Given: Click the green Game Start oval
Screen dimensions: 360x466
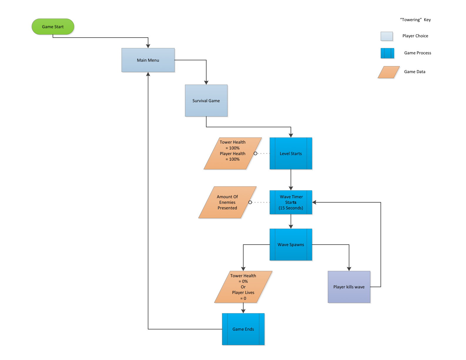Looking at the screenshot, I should coord(53,27).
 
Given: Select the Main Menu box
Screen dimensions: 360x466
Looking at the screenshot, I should coord(148,60).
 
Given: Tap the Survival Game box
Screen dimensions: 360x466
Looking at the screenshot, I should coord(206,101).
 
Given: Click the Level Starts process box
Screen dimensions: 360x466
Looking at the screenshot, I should coord(291,154).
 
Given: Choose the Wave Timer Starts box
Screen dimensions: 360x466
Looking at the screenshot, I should coord(291,202).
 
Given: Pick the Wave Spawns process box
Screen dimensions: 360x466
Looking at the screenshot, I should coord(291,245).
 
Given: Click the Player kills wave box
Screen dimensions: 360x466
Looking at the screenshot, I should coord(349,287).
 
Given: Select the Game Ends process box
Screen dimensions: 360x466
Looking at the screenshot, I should coord(243,329).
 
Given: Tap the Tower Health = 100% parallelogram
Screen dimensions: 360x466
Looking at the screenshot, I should coord(233,154).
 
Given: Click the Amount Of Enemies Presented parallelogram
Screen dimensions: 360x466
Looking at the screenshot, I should coord(227,202).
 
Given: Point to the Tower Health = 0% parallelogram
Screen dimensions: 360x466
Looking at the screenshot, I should coord(243,287).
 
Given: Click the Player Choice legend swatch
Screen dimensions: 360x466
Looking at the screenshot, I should coord(387,36).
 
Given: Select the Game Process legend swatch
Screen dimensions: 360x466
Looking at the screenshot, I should coord(387,53).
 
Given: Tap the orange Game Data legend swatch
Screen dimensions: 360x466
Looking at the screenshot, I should coord(389,72).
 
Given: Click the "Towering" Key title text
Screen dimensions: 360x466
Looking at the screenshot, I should coord(415,20).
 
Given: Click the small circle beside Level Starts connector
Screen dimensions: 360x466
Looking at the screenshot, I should coord(255,154).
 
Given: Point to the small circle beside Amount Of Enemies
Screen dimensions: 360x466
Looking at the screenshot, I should coord(250,202).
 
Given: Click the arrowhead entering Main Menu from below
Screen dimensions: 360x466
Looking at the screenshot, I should coord(148,74).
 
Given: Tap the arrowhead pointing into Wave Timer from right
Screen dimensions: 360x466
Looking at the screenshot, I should coord(314,202).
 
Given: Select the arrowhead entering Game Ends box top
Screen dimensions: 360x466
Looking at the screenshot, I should coord(243,311).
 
